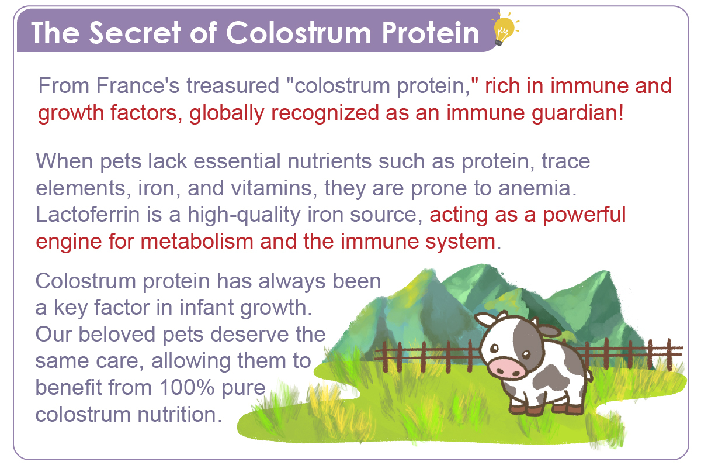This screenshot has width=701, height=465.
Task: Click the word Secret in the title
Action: pyautogui.click(x=135, y=33)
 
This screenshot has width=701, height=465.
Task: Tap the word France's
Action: pyautogui.click(x=138, y=85)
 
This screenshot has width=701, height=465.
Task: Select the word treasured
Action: pyautogui.click(x=233, y=85)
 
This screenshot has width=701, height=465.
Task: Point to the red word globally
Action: pyautogui.click(x=227, y=113)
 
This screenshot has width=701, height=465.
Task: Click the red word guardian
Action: pyautogui.click(x=577, y=113)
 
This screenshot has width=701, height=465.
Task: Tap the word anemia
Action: pyautogui.click(x=537, y=188)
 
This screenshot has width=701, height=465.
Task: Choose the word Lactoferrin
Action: pyautogui.click(x=88, y=215)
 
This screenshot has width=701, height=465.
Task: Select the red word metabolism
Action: pyautogui.click(x=197, y=241)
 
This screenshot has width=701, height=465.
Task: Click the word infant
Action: pyautogui.click(x=206, y=307)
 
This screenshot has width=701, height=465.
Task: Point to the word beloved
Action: pyautogui.click(x=117, y=334)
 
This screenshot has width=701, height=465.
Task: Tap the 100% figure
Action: pyautogui.click(x=187, y=388)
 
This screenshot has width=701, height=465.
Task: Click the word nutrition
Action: pyautogui.click(x=180, y=414)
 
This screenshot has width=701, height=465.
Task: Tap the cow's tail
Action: pyautogui.click(x=589, y=375)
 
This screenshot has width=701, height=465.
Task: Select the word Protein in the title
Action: pyautogui.click(x=431, y=33)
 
